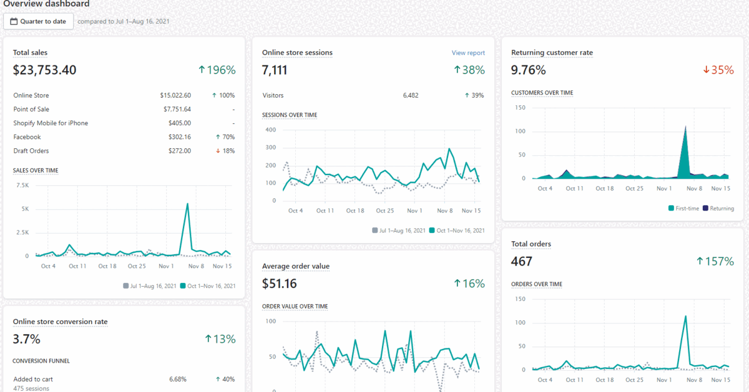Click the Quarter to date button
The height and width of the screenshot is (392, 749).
coord(39,21)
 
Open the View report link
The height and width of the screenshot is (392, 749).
coord(468,53)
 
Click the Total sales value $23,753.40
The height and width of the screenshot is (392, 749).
coord(45,70)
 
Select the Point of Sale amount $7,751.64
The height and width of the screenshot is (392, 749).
coord(175,109)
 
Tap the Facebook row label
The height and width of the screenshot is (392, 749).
coord(27,137)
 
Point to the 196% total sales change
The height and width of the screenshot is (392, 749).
coord(217,70)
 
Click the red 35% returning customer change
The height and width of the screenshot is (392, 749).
coord(718,70)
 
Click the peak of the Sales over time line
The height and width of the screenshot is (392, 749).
coord(187,204)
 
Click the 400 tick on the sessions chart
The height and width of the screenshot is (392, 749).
coord(270,130)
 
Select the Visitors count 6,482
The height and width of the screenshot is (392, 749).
coord(411,95)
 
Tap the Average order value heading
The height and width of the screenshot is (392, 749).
coord(296,266)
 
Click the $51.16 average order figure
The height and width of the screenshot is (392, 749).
coord(280,284)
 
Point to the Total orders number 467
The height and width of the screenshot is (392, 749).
coord(522,262)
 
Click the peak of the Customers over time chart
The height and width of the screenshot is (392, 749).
coord(685,127)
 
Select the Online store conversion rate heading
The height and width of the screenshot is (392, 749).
coord(60,322)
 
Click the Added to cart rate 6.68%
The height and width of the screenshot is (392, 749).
coord(178,379)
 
